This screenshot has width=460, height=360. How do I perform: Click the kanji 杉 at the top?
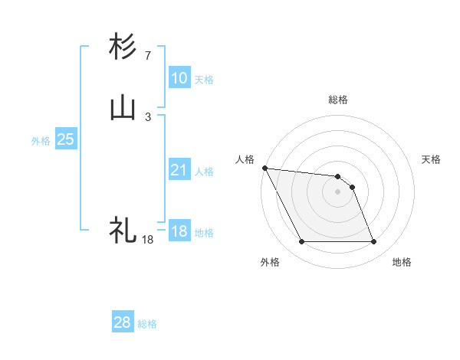[123, 47]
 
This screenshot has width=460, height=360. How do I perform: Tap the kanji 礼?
[123, 230]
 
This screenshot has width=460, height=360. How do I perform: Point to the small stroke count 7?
[147, 56]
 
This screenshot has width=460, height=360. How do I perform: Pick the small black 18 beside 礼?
[148, 240]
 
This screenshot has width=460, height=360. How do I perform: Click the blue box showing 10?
[179, 78]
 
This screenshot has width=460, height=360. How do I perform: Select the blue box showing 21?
[179, 170]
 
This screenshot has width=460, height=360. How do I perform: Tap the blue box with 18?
[179, 231]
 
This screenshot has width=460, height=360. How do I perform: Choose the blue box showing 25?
[65, 139]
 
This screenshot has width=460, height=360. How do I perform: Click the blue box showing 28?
[122, 322]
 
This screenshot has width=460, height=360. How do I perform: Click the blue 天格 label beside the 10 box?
[203, 80]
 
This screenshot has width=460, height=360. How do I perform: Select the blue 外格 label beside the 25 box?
[40, 141]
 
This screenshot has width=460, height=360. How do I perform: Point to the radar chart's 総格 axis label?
[338, 100]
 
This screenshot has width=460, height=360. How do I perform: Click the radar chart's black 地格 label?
[402, 262]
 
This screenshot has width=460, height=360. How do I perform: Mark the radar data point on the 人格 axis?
[264, 168]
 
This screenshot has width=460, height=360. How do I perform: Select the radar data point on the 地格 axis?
[373, 242]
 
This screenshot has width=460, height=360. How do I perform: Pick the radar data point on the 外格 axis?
[301, 242]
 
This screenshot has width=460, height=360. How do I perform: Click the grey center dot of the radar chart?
[337, 191]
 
